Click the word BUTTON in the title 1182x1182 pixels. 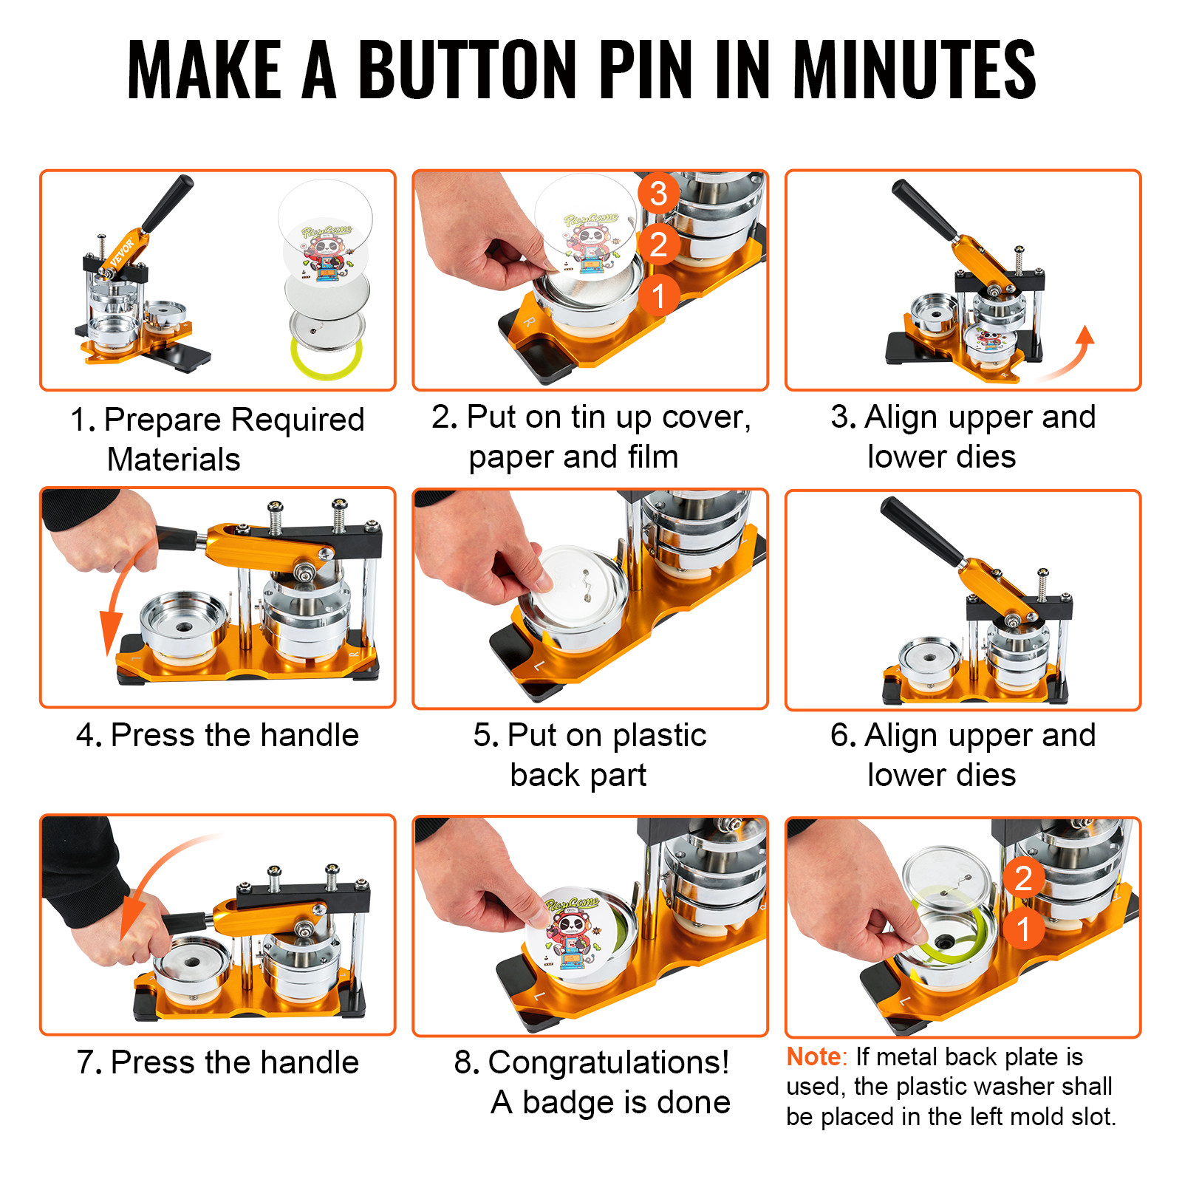(467, 70)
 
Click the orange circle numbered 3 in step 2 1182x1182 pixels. (658, 194)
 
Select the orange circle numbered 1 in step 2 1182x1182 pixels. (658, 295)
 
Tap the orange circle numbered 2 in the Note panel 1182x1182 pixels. (1023, 878)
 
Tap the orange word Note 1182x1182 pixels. (813, 1057)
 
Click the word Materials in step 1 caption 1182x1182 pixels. (174, 460)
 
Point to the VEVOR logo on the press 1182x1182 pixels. (123, 252)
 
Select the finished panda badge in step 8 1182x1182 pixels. (573, 932)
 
